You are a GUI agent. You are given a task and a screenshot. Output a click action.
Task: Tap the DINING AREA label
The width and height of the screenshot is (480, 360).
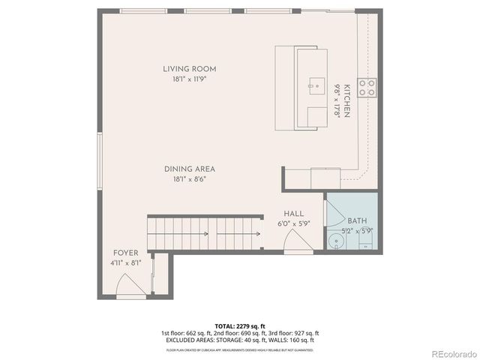(x=184, y=169)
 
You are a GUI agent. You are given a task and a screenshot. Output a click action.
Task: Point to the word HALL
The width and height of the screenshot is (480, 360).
(x=293, y=214)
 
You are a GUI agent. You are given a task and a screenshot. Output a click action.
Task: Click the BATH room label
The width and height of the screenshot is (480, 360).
(x=356, y=220)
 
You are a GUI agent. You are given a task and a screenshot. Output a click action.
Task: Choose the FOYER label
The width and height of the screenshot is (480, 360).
(x=125, y=253)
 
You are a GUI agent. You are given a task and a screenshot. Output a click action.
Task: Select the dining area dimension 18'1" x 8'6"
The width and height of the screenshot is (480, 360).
(x=184, y=178)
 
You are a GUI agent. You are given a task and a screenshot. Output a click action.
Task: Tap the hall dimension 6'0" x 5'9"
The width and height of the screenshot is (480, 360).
(x=293, y=223)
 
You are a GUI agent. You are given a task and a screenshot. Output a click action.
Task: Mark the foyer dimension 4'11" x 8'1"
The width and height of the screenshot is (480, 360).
(x=125, y=262)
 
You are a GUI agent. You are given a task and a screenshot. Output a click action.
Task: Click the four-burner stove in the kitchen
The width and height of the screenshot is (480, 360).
(x=367, y=88)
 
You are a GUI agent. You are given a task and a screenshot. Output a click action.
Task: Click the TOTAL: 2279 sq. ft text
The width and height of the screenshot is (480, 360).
(x=239, y=325)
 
